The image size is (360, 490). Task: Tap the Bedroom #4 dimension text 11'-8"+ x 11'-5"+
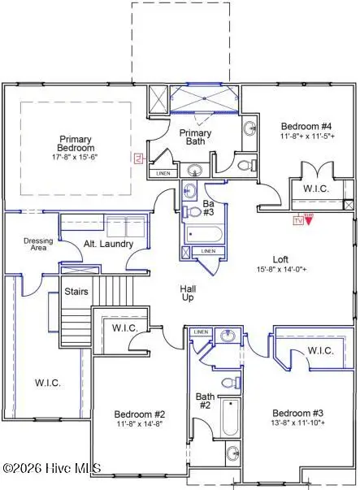(x=305, y=138)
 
